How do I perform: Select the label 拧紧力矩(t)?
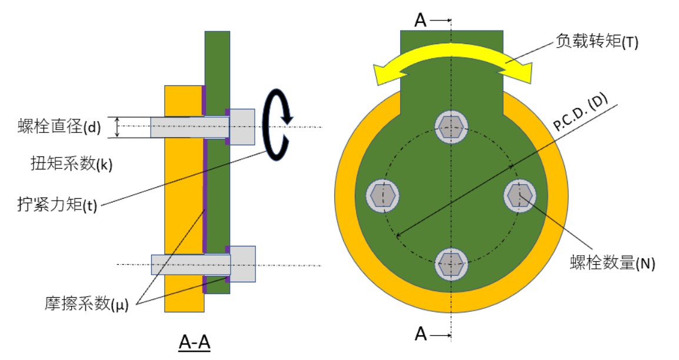(x=56, y=205)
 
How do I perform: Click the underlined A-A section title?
(x=194, y=344)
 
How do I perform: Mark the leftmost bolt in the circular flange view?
(x=383, y=195)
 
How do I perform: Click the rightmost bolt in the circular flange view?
(x=520, y=195)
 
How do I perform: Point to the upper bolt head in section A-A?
(x=242, y=127)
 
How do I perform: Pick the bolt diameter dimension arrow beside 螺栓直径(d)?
(x=118, y=127)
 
